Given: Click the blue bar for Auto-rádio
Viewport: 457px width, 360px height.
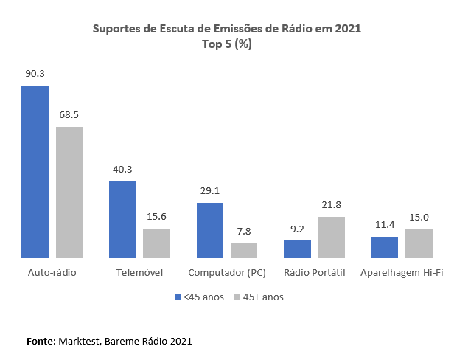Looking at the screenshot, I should click(x=35, y=172).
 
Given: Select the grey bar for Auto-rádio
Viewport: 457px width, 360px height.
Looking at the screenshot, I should click(x=69, y=193).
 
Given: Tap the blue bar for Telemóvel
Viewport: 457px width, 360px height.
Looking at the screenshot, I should click(x=122, y=219).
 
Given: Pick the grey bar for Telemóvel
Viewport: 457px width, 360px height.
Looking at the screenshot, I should click(x=156, y=243).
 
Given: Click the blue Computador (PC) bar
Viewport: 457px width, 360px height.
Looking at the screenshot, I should click(x=209, y=230).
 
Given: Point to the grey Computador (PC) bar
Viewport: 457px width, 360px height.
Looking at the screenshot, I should click(x=244, y=251).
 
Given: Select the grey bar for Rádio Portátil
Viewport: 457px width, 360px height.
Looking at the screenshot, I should click(x=332, y=238).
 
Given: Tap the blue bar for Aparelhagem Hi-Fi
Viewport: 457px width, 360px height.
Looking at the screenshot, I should click(x=385, y=247).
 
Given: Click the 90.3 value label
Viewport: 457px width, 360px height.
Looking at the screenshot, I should click(x=35, y=74).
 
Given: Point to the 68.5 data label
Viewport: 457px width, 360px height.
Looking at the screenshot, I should click(x=69, y=115).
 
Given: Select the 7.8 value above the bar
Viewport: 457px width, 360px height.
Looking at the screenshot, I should click(x=244, y=232).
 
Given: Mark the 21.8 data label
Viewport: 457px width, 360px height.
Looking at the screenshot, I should click(x=332, y=205).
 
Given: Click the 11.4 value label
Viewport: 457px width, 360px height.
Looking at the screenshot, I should click(x=385, y=225).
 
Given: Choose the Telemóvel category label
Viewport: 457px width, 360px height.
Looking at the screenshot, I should click(x=139, y=273).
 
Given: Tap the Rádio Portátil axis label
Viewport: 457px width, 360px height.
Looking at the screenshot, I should click(x=315, y=273).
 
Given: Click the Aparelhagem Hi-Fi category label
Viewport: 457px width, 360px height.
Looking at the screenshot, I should click(x=402, y=273).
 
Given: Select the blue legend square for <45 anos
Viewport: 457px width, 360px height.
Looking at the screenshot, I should click(x=178, y=297).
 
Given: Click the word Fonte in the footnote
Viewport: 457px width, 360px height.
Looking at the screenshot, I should click(x=40, y=342).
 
